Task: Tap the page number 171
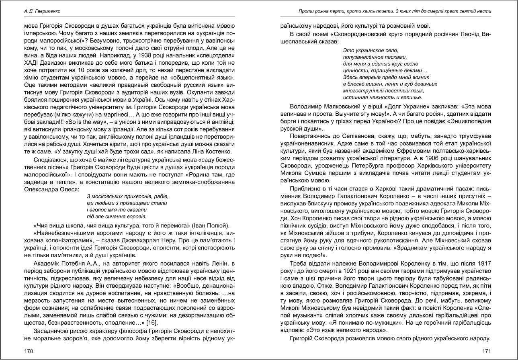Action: pos(487,351)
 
